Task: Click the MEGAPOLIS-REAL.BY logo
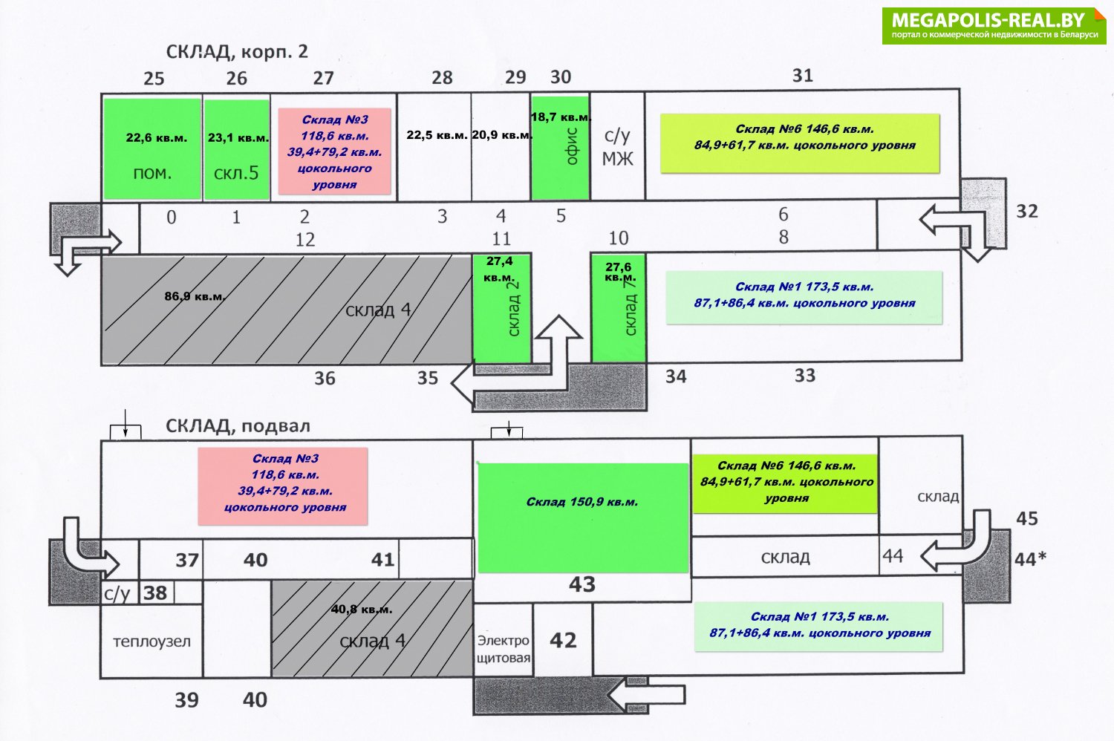(x=994, y=26)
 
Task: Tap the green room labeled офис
(x=561, y=148)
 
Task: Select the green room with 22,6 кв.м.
(x=152, y=148)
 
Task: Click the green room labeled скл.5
(x=237, y=150)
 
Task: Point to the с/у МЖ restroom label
(x=617, y=147)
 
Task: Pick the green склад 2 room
(x=502, y=308)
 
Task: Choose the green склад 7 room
(x=619, y=308)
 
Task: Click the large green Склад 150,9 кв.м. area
(x=583, y=518)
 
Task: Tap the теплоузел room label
(x=152, y=642)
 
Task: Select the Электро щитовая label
(x=504, y=649)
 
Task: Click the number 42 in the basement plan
(x=563, y=641)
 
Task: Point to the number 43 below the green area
(x=582, y=584)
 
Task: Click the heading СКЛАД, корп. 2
(x=237, y=52)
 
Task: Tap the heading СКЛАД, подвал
(x=238, y=426)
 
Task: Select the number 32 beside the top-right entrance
(x=1027, y=212)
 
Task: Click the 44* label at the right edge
(x=1030, y=560)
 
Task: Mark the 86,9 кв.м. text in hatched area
(x=195, y=297)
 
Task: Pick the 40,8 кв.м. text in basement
(x=362, y=610)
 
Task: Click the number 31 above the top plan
(x=803, y=76)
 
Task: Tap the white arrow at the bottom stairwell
(x=647, y=695)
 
